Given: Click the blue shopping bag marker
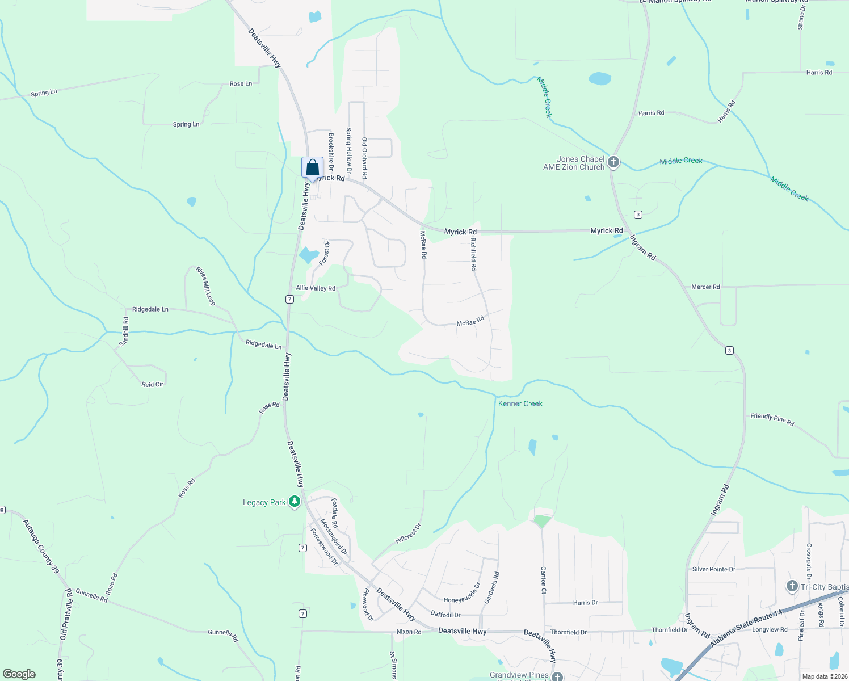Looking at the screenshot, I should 312,168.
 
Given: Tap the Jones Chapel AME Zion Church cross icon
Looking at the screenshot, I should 613,163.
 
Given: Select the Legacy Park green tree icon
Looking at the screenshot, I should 294,502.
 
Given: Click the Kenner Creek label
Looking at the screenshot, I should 520,403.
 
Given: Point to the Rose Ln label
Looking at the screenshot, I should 241,83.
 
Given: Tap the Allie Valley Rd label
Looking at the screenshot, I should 316,288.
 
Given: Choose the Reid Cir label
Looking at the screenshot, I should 152,384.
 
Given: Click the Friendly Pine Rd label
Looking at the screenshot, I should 772,419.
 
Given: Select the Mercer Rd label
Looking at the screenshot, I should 705,287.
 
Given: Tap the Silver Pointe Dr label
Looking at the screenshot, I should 713,569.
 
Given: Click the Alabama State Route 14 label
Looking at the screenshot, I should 746,627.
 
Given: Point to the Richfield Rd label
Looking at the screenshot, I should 473,253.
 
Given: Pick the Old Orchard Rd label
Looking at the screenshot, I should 364,157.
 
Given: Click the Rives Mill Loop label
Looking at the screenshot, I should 205,286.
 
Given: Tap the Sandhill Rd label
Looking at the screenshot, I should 124,332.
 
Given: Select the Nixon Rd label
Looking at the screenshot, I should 409,632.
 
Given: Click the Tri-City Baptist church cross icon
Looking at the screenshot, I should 792,586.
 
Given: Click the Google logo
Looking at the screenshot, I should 19,674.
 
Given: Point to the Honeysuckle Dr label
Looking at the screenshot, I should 462,592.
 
